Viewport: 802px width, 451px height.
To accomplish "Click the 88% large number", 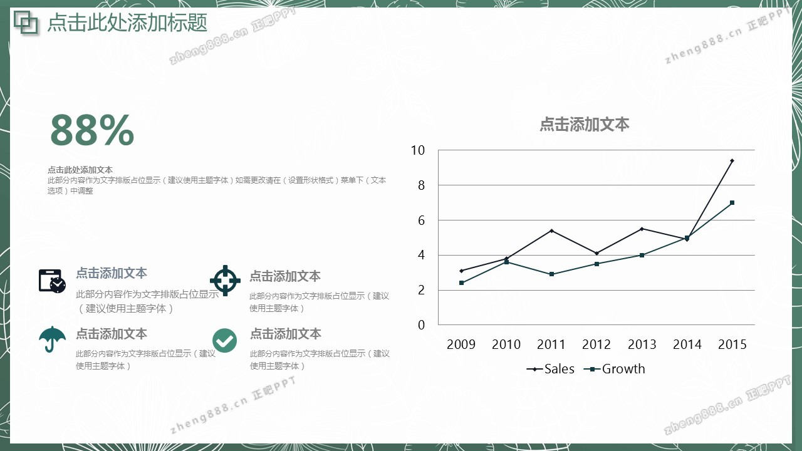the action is point(92,130).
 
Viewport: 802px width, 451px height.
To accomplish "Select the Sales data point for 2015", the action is point(732,161).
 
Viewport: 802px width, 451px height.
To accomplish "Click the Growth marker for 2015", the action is point(732,202).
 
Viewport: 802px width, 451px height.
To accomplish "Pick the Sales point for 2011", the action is point(551,231).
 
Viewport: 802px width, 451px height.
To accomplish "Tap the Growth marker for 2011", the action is point(551,274).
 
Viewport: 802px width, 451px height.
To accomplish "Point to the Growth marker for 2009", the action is point(461,283).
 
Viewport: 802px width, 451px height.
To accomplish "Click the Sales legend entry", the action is point(550,369).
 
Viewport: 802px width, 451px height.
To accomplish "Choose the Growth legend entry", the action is point(615,369).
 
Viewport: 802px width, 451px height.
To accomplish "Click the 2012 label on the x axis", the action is point(596,345).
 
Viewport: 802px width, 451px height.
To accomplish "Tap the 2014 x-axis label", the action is point(687,345).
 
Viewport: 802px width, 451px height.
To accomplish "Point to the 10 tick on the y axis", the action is point(417,150).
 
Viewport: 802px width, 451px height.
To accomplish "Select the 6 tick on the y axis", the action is point(421,220).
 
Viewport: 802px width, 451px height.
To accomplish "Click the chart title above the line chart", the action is point(585,124).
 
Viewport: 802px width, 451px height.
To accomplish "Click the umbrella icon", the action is point(52,339).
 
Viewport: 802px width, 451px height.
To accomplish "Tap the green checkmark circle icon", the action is point(224,340).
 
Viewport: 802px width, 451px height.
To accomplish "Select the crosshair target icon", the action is point(225,281).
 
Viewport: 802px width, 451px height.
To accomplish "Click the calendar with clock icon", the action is point(52,281).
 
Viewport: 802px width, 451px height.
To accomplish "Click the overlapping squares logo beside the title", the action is point(26,23).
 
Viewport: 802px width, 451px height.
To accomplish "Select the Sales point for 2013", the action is point(642,229).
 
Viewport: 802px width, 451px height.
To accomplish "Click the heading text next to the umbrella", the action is point(112,334).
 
